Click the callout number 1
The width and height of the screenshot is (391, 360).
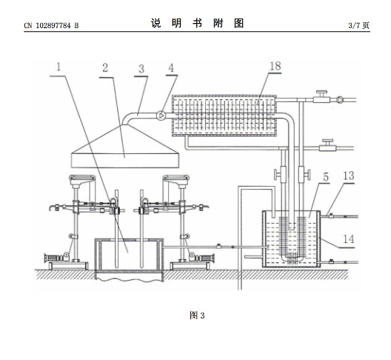point(59,67)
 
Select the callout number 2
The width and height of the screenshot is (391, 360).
point(105,68)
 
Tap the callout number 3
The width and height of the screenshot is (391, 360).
point(141,69)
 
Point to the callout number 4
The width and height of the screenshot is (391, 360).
point(171,68)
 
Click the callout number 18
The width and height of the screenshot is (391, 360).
point(275,67)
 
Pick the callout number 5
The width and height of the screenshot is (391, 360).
point(326,177)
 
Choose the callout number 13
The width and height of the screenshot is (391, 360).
point(349,176)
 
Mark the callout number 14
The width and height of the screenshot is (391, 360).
point(349,239)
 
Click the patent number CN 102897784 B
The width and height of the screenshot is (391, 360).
point(51,25)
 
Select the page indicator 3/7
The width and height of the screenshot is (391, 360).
point(354,25)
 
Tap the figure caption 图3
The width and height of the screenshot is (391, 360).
point(197,316)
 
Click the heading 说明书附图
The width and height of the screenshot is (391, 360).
point(197,24)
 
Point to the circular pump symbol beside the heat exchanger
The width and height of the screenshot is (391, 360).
point(161,116)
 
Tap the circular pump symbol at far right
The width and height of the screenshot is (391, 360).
point(340,100)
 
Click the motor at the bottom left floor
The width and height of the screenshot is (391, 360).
point(57,257)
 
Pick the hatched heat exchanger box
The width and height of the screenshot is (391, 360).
point(224,116)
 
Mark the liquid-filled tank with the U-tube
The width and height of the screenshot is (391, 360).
point(291,239)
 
